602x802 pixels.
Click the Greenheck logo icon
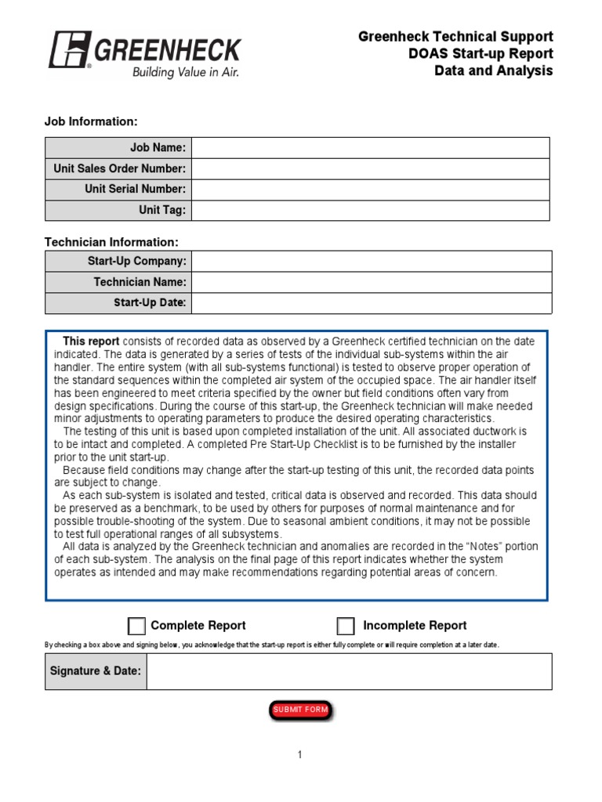click(68, 49)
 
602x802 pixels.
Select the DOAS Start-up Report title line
click(481, 53)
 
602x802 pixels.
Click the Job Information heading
click(91, 121)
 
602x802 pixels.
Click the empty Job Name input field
click(370, 147)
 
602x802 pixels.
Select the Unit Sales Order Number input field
click(370, 168)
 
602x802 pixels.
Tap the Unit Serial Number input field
click(370, 190)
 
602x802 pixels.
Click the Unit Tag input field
click(370, 211)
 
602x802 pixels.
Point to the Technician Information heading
click(111, 242)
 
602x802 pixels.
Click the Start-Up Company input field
click(370, 261)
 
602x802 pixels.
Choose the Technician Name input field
click(370, 282)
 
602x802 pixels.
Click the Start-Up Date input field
click(370, 303)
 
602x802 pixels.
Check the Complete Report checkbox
click(136, 626)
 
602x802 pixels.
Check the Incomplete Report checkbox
click(346, 626)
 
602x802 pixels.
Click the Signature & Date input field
click(349, 671)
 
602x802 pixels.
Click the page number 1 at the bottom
click(299, 755)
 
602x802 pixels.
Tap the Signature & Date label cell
click(96, 671)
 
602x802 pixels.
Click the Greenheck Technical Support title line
click(455, 37)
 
